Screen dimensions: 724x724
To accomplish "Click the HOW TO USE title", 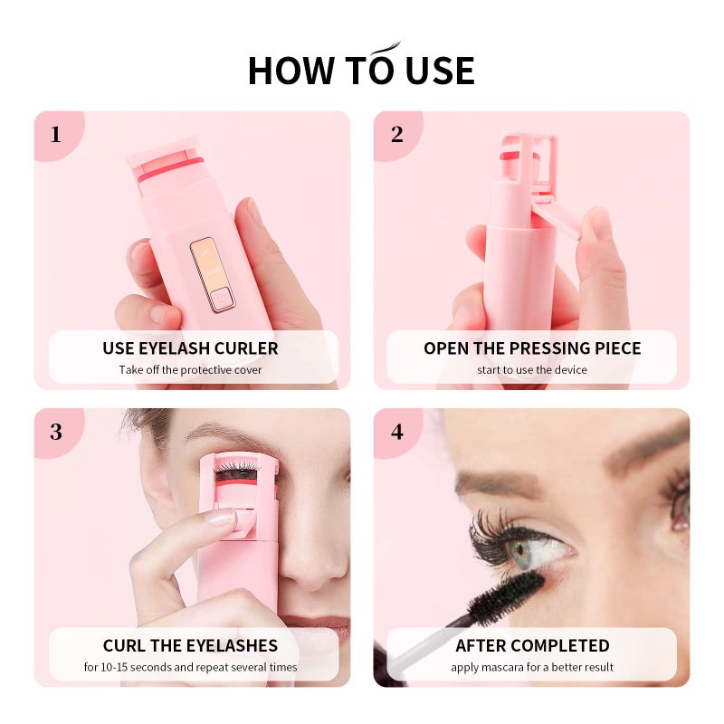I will [361, 70].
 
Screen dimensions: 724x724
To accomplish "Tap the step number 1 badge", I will [56, 135].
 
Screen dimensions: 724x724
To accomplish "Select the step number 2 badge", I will [396, 135].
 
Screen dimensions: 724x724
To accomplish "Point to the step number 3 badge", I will [56, 432].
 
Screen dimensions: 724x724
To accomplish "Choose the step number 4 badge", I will [396, 432].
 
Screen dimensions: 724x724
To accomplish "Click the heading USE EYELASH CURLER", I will [190, 348].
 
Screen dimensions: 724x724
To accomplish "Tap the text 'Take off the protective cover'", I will [190, 369].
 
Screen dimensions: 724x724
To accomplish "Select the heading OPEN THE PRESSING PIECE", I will [532, 348].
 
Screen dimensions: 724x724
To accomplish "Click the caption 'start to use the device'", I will [532, 369].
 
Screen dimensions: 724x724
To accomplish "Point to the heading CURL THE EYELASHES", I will [190, 646].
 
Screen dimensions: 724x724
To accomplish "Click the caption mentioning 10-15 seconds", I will [190, 667].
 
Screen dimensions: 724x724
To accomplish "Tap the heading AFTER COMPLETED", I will [532, 646].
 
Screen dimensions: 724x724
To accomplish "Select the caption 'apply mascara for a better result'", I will [532, 667].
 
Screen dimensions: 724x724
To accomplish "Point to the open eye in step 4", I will [548, 547].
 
